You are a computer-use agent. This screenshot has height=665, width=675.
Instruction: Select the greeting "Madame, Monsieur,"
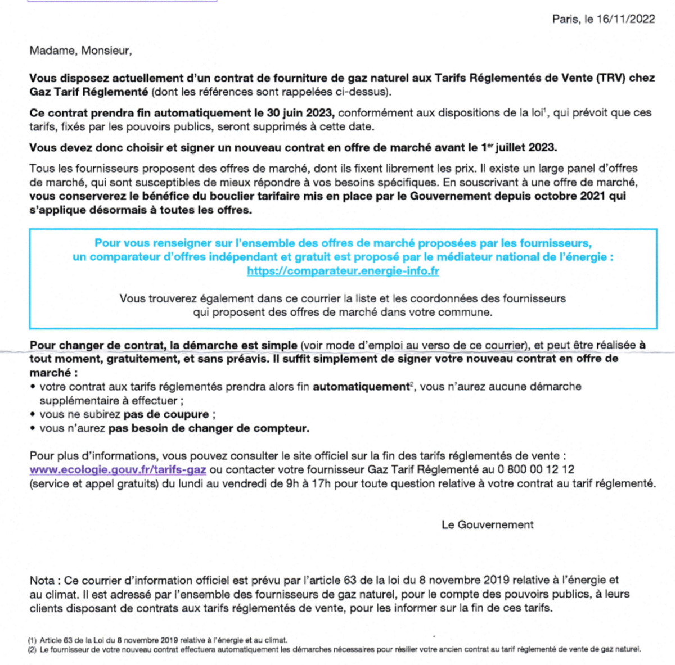pos(80,51)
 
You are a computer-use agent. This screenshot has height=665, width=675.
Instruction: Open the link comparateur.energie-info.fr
pos(343,271)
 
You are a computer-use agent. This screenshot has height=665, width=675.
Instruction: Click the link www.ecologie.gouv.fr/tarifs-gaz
pos(118,469)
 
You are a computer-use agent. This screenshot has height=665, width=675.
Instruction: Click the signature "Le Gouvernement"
pos(487,524)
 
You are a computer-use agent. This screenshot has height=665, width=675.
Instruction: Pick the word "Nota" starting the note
pos(42,580)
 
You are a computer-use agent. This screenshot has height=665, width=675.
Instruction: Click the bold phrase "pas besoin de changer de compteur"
pos(208,428)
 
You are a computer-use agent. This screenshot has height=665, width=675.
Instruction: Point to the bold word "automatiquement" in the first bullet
pos(360,387)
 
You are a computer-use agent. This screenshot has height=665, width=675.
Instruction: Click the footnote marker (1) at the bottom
pos(32,640)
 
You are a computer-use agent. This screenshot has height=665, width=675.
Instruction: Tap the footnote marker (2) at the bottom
pos(32,649)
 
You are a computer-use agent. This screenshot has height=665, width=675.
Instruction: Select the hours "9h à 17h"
pos(306,483)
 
